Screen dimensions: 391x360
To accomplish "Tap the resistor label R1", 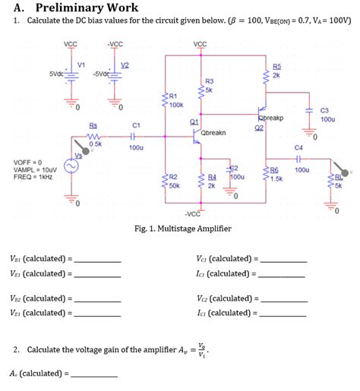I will point(173,96).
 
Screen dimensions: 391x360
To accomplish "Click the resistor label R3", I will point(210,80).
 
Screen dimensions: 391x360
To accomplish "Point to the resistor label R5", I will point(276,68).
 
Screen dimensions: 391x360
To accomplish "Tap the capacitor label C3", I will point(325,110).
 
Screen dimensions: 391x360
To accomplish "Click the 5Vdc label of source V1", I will point(56,74).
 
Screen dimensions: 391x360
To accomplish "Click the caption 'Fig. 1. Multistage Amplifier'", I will point(182,229).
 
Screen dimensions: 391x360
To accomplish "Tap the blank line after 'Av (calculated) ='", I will point(93,375).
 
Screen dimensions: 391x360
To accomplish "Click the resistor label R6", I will point(275,171).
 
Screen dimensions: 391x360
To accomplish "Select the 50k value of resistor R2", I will point(175,184).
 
